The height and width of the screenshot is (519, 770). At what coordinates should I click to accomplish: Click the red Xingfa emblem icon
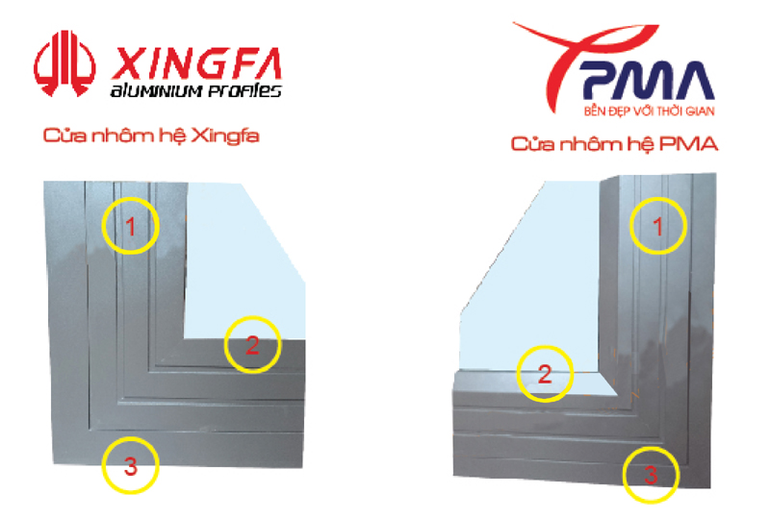64,63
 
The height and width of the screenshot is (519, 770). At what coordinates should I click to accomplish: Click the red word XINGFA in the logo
196,63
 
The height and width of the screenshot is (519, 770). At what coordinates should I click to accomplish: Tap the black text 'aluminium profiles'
196,90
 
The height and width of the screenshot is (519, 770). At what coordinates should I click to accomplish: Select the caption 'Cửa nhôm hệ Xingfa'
151,136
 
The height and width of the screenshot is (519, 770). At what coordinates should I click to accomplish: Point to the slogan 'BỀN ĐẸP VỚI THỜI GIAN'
649,111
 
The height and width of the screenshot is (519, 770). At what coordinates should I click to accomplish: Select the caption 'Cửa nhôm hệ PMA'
614,144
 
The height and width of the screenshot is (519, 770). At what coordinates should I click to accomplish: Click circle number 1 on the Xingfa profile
131,226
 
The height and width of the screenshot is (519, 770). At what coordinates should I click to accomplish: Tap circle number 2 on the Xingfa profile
252,345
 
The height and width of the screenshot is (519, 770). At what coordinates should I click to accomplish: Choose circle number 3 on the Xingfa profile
131,465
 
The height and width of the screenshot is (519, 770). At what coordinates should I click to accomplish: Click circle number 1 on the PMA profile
658,226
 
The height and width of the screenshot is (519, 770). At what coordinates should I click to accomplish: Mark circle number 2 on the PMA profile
545,374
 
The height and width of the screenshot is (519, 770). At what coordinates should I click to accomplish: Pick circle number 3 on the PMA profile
651,475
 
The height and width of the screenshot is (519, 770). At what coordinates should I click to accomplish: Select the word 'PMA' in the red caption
688,144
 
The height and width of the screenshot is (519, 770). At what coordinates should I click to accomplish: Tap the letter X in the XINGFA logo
128,63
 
